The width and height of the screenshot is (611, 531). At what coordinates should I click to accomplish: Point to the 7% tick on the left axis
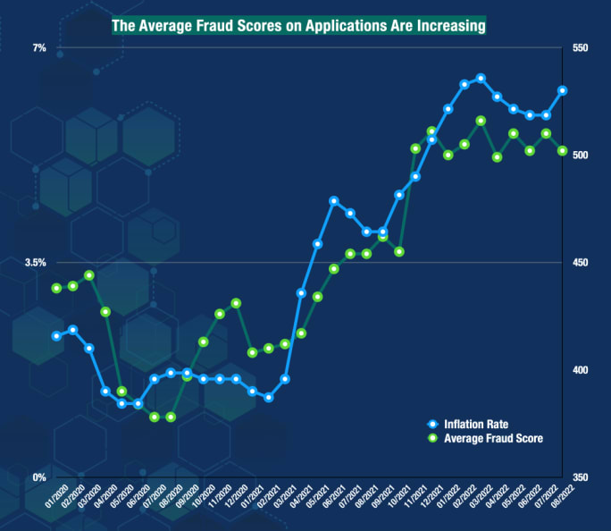pyautogui.click(x=39, y=47)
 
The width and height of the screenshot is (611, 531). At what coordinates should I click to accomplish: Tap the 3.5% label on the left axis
pyautogui.click(x=34, y=263)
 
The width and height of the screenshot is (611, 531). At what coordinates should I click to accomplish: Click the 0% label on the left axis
pyautogui.click(x=39, y=477)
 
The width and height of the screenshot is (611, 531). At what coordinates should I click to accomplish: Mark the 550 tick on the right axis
pyautogui.click(x=580, y=47)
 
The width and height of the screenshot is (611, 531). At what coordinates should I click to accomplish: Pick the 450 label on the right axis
pyautogui.click(x=580, y=263)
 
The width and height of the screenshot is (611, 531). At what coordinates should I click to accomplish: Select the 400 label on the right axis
pyautogui.click(x=580, y=370)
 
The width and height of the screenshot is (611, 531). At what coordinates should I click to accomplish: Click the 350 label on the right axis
pyautogui.click(x=580, y=477)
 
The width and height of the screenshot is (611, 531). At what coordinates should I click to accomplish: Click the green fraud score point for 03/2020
pyautogui.click(x=89, y=275)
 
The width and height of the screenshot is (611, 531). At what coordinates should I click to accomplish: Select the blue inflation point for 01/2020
pyautogui.click(x=56, y=336)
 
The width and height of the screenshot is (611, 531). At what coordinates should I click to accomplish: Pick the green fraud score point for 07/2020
pyautogui.click(x=155, y=417)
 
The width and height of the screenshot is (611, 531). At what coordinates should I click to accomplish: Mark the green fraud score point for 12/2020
pyautogui.click(x=236, y=303)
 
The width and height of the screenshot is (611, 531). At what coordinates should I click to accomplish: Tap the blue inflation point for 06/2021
pyautogui.click(x=334, y=201)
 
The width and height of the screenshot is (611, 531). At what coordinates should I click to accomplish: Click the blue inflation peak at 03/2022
pyautogui.click(x=481, y=78)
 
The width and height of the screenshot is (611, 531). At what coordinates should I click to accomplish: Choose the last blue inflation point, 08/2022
pyautogui.click(x=562, y=90)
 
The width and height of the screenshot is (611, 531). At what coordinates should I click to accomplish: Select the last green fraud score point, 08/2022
pyautogui.click(x=562, y=151)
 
